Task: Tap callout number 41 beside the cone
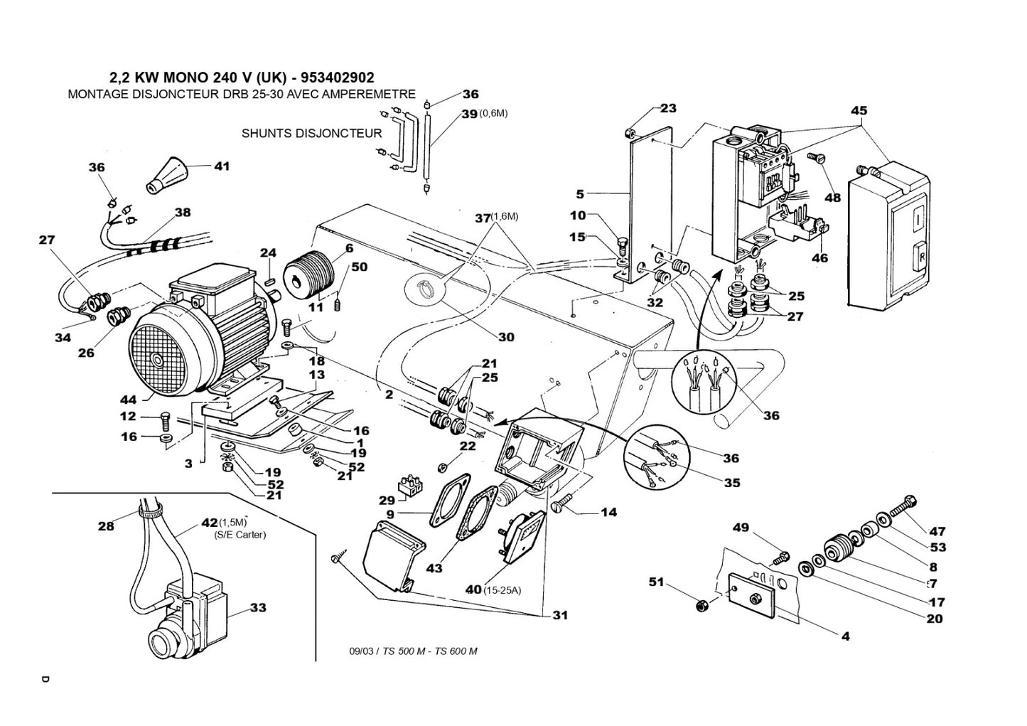(222, 166)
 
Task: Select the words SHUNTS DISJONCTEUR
(311, 133)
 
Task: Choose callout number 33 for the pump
(258, 608)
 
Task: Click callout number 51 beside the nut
(655, 582)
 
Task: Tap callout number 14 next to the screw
(608, 512)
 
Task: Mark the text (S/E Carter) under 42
(240, 535)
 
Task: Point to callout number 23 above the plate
(668, 108)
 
